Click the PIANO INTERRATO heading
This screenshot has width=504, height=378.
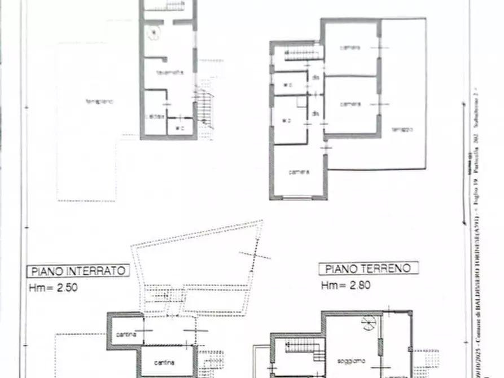tap(78, 271)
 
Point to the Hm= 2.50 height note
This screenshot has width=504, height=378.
tap(53, 287)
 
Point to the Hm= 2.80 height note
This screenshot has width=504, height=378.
tap(346, 285)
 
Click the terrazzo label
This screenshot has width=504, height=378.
tap(403, 129)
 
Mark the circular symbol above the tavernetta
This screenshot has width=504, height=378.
tap(152, 34)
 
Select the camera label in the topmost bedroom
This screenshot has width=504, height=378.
tap(349, 47)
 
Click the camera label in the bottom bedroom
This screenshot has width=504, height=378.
tap(299, 172)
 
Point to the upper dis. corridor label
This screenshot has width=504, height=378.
tap(316, 77)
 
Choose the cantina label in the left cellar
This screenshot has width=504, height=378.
tap(126, 335)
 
